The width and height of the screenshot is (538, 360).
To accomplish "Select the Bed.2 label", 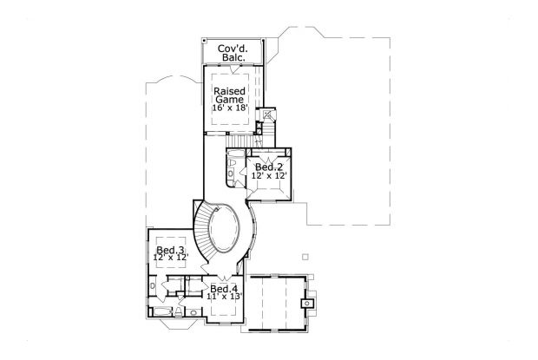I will click(x=270, y=167).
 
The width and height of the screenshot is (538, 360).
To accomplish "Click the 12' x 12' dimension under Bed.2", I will click(x=270, y=176).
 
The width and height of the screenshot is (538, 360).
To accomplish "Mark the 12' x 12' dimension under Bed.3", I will click(x=171, y=258).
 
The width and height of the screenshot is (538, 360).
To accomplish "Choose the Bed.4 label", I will click(x=224, y=288).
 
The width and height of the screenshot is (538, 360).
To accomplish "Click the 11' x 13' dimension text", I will click(x=224, y=297).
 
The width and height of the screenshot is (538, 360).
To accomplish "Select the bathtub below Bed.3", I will click(x=161, y=311).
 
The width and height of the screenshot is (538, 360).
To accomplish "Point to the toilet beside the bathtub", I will click(x=179, y=310).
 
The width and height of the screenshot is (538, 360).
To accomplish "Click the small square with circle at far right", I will click(x=305, y=303).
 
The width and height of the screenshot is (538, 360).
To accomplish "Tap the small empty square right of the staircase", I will click(x=304, y=256).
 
